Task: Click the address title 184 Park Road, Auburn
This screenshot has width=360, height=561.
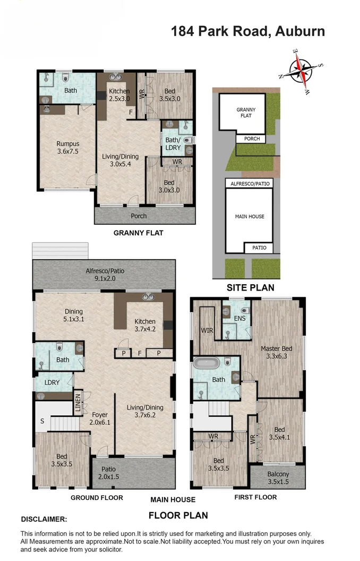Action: tap(247, 31)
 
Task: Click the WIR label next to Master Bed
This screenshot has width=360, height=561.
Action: tap(207, 330)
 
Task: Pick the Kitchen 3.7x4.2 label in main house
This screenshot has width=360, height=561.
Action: tap(145, 325)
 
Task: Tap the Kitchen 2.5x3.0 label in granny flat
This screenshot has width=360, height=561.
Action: tap(119, 95)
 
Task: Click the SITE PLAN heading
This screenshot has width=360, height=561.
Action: tap(251, 287)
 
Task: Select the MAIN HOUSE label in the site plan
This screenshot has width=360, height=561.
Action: tap(250, 217)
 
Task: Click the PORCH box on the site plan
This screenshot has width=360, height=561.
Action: tap(252, 139)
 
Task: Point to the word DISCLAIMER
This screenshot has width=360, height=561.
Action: tap(44, 519)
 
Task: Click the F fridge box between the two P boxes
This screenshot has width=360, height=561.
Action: tap(140, 353)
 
